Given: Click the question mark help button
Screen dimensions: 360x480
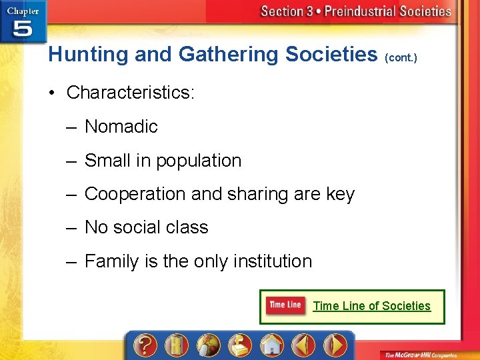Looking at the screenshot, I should click(x=145, y=345).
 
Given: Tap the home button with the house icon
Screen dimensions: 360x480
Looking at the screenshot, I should click(x=271, y=345).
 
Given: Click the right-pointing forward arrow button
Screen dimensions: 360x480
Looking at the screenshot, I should click(x=335, y=345).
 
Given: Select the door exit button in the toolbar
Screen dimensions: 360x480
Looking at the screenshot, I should click(x=176, y=345).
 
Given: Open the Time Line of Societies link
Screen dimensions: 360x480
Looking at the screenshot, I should click(x=371, y=306).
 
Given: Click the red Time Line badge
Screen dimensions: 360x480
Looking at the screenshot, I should click(x=285, y=305).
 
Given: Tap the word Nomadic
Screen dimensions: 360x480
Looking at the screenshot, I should click(x=121, y=127).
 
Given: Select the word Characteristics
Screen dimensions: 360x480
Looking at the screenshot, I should click(x=129, y=93).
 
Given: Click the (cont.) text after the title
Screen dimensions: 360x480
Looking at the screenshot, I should click(x=401, y=57).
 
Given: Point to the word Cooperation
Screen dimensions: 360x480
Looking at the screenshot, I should click(x=135, y=194).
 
